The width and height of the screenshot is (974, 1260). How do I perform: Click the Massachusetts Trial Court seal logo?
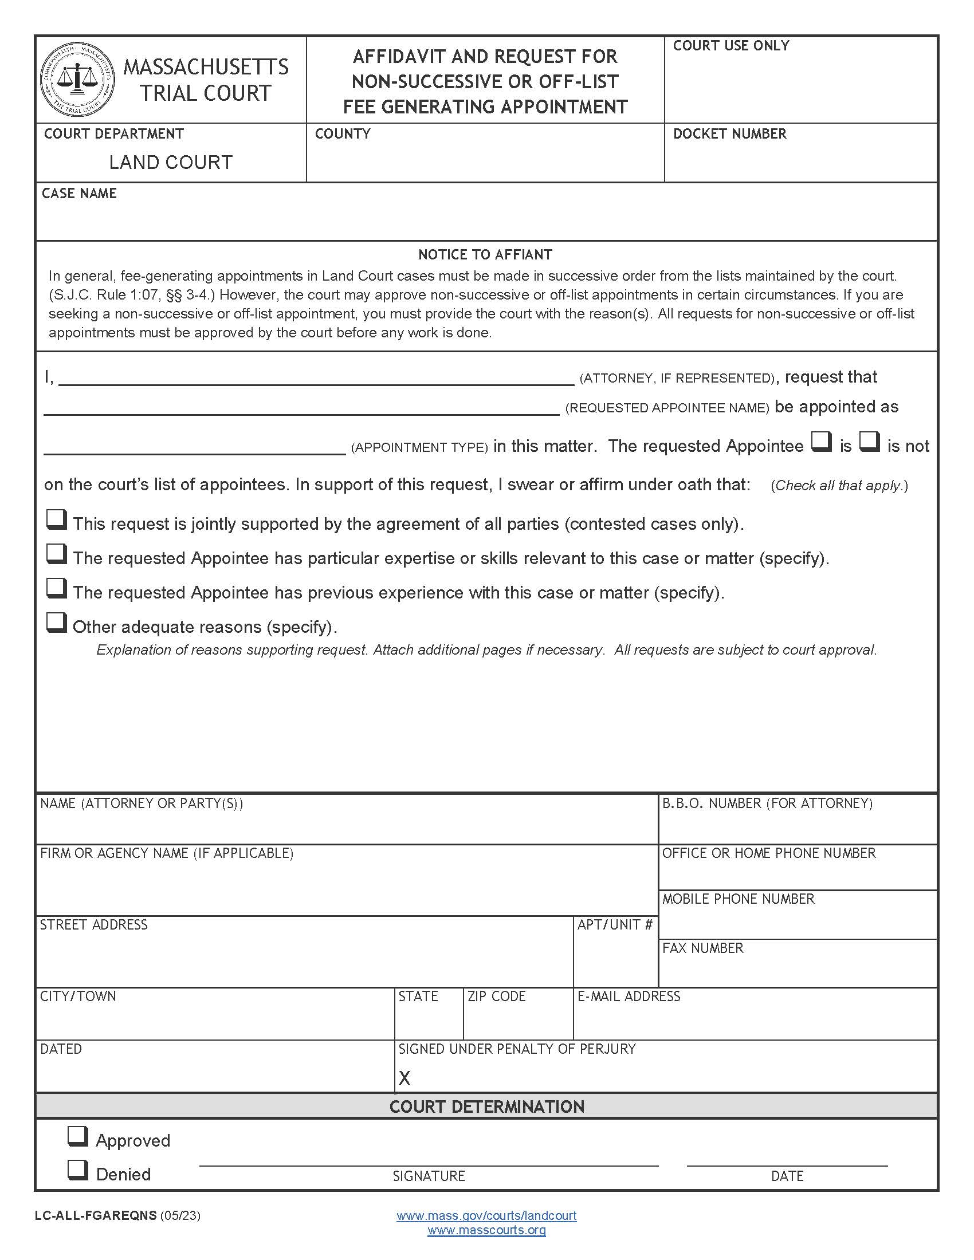(x=77, y=80)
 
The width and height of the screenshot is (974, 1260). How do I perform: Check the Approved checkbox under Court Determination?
(x=77, y=1136)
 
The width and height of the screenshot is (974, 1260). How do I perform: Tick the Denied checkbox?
(x=77, y=1170)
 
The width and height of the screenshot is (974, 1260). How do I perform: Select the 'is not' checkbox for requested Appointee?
(x=869, y=442)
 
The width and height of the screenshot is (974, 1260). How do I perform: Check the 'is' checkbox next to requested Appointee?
(x=821, y=442)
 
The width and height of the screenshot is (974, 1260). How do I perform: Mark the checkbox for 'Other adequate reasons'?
(x=56, y=623)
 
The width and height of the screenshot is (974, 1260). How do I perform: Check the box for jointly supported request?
(x=56, y=520)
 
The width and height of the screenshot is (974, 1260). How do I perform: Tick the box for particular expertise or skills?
(x=56, y=554)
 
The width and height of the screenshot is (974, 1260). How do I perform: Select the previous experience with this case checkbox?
(x=56, y=588)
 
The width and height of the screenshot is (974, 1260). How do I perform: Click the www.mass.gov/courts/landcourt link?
(x=486, y=1215)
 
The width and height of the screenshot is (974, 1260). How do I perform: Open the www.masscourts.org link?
(x=486, y=1230)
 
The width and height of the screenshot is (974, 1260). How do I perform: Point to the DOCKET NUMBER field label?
(x=729, y=134)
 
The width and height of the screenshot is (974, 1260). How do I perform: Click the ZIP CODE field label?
(x=496, y=997)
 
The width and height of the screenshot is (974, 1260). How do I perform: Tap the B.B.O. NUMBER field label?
(x=767, y=803)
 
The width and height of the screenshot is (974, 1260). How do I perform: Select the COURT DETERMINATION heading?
(x=486, y=1107)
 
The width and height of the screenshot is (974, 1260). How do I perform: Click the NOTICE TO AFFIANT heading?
(x=485, y=254)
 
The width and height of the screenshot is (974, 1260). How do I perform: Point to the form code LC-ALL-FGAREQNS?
(x=96, y=1215)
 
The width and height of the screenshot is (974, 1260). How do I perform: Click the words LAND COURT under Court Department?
(x=171, y=163)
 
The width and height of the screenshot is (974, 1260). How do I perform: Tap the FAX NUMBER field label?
(x=702, y=948)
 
